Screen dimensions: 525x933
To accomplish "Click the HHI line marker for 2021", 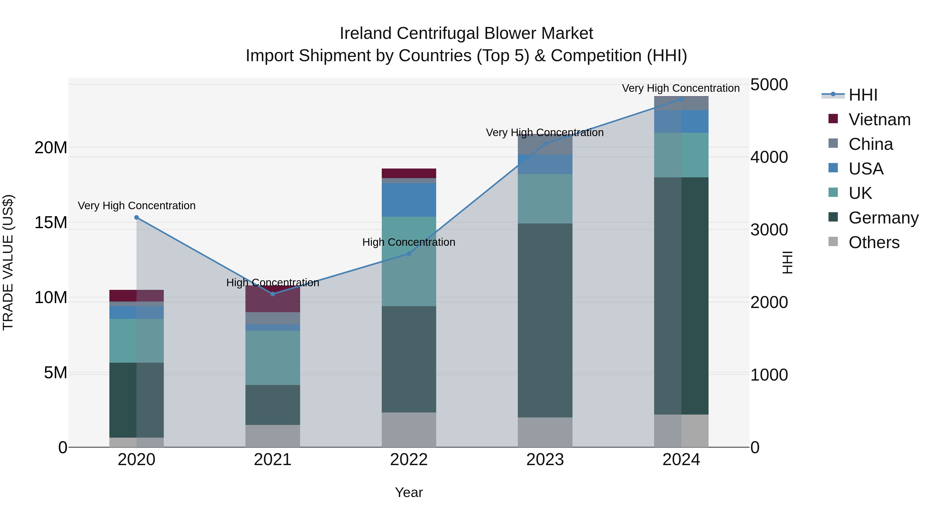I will (x=273, y=294).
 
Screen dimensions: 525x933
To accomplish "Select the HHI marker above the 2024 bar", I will (x=681, y=99).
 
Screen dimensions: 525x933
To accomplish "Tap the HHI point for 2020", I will (x=137, y=218).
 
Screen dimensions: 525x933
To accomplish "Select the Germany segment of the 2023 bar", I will (x=545, y=320).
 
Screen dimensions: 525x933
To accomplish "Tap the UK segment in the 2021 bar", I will (x=273, y=358).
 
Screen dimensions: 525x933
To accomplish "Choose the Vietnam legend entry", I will (x=879, y=120).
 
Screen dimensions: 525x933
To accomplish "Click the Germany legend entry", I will (x=883, y=218).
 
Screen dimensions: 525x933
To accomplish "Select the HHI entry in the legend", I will (x=863, y=95).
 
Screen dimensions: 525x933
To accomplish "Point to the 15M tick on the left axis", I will (x=51, y=222).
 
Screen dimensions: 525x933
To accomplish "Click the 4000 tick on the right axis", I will (x=769, y=157).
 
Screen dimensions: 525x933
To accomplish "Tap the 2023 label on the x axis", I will (x=545, y=460).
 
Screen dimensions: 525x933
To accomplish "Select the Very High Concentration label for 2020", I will (x=137, y=205).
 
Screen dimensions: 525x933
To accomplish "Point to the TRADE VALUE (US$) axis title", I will (x=8, y=262).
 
